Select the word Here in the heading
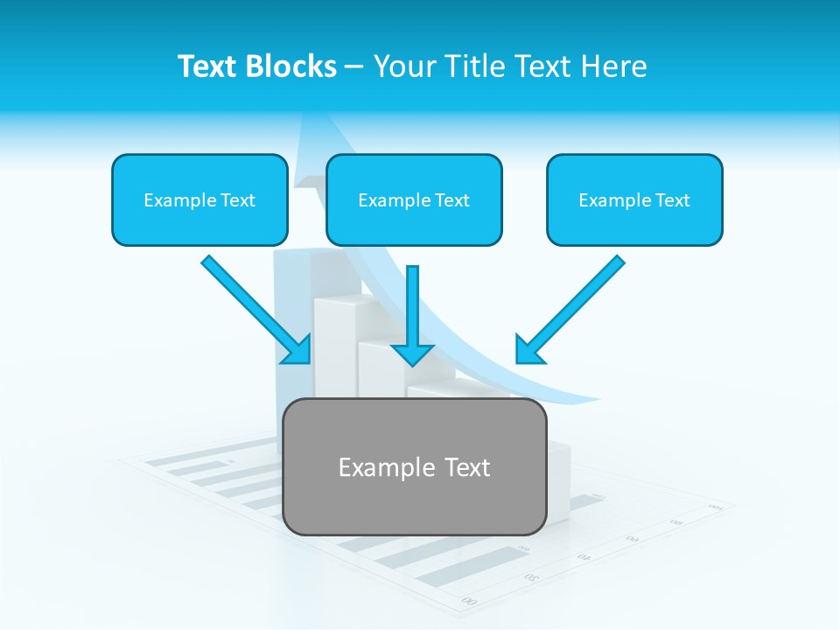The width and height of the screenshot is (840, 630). [614, 66]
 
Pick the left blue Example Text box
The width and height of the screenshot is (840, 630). [199, 199]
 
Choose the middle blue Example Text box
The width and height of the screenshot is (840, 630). [414, 199]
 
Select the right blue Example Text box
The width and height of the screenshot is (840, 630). [634, 199]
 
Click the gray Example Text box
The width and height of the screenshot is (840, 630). [414, 466]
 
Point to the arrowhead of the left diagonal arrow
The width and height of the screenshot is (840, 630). [299, 352]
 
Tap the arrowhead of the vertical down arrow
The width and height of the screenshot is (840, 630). [413, 353]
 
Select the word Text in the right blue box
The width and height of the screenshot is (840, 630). [672, 200]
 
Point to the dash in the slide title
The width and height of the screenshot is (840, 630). [354, 67]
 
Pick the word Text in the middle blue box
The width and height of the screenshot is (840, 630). [451, 200]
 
